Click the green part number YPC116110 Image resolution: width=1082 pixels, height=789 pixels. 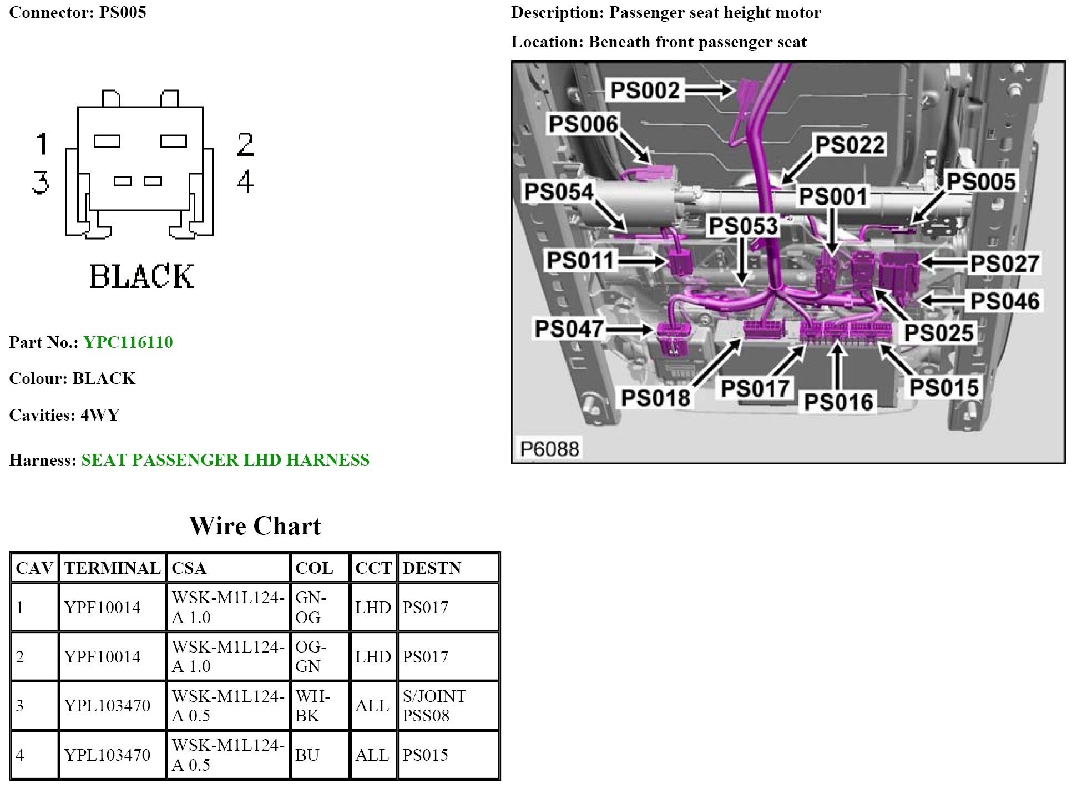pos(128,342)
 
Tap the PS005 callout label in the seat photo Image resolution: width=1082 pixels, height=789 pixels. pos(980,181)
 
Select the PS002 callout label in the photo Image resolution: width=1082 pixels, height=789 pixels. pos(645,90)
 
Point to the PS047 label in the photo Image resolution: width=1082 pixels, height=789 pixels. pos(568,328)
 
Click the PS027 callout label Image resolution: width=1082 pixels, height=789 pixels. pos(1004,264)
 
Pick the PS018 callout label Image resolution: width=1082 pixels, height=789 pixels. pos(655,398)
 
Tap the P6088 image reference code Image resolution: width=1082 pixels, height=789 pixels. pos(549,448)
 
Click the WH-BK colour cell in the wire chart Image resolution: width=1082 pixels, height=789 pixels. pos(312,706)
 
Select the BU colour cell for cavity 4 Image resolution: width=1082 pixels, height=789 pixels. pos(307,755)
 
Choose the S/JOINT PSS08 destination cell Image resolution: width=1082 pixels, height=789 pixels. pos(434,706)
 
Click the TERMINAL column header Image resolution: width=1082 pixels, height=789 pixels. pos(112,568)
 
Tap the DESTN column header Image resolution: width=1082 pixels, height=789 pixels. pos(432,568)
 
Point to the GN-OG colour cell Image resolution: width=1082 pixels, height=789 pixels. pos(310,608)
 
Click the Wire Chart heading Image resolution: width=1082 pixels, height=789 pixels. pos(255,526)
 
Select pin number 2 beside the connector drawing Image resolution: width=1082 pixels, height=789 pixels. pos(245,145)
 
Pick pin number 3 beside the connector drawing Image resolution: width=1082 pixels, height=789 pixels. pos(41,182)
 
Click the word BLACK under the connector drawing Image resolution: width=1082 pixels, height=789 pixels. pos(141,276)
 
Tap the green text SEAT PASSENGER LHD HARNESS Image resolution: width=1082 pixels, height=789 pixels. pos(225,460)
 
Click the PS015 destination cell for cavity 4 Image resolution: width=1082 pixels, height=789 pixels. pos(425,755)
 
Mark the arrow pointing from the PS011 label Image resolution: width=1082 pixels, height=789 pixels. pos(644,260)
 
